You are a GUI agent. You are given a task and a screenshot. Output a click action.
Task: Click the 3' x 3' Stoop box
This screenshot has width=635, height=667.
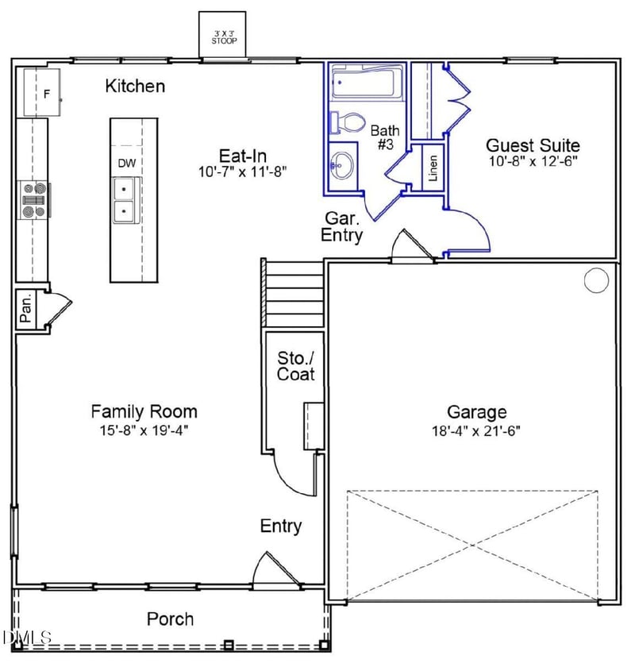tap(221, 35)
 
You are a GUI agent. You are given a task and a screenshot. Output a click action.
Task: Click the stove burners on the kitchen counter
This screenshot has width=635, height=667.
tap(34, 200)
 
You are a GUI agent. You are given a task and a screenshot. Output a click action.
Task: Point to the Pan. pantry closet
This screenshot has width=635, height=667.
tap(25, 309)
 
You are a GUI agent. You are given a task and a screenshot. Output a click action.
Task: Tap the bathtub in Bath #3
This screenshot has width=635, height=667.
tap(366, 84)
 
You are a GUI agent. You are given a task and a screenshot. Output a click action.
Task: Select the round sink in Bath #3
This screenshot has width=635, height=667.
tap(343, 166)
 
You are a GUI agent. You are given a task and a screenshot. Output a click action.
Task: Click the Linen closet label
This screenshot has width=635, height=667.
tap(433, 168)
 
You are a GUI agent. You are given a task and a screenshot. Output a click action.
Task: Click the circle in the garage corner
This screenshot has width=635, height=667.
tap(595, 280)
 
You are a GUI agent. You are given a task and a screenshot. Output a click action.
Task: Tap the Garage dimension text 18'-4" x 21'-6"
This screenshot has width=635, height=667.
tap(476, 431)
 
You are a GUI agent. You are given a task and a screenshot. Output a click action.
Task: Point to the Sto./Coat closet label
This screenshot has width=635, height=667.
tap(295, 366)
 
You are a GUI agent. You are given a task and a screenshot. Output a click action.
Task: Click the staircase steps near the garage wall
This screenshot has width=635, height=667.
tap(294, 294)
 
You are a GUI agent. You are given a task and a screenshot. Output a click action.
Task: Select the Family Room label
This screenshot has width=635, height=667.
tap(144, 411)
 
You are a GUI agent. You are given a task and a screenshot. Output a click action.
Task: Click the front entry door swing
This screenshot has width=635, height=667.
tap(268, 570)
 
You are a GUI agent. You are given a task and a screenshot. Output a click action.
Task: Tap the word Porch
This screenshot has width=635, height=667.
tap(170, 619)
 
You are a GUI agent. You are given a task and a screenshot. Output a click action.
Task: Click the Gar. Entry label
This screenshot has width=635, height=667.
tap(343, 227)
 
